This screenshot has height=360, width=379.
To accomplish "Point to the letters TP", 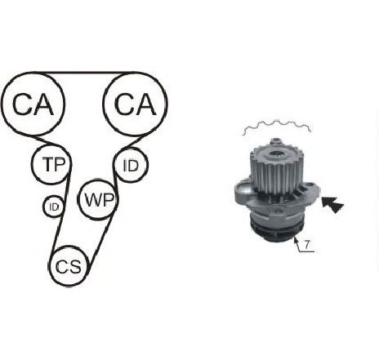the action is pos(54,164).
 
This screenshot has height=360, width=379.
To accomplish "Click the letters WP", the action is pos(99,200).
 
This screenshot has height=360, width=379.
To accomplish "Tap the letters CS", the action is pos(69,266).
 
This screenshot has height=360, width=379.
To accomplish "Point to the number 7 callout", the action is pos(307,245).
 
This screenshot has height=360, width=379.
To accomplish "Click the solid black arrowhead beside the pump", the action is pos(332,204).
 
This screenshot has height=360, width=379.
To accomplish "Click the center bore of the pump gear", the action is pos(277,155).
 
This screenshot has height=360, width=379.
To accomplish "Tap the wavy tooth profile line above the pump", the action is pos(277,127).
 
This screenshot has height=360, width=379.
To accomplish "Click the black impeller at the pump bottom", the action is pos(277,231).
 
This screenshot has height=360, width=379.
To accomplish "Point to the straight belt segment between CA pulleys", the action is pos(83,73).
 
